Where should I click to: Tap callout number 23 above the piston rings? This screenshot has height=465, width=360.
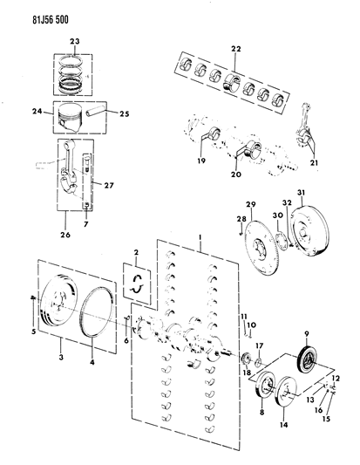pyautogui.click(x=75, y=41)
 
